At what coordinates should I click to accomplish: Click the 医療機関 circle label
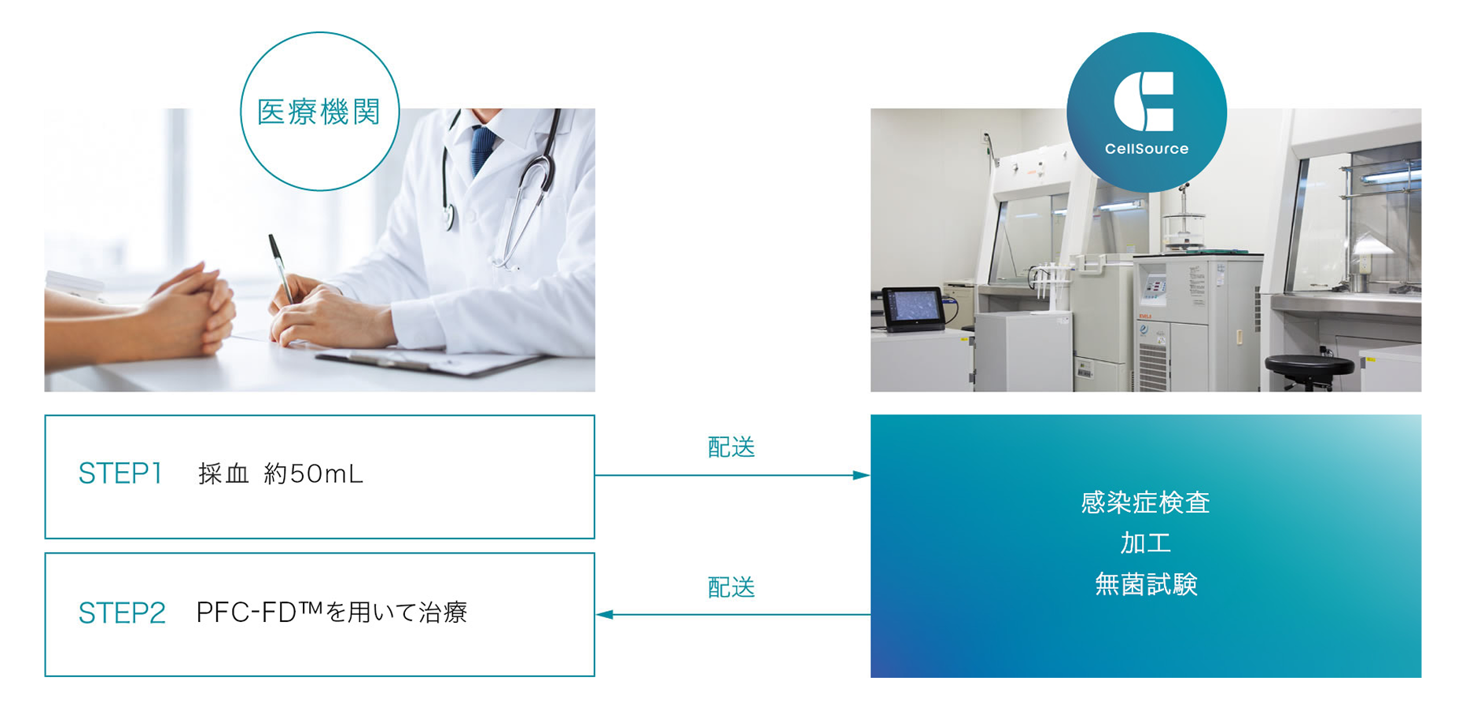point(319,112)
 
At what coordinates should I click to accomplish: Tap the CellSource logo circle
point(1147,112)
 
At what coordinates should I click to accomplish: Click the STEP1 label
point(120,473)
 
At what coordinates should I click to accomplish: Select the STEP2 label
point(122,613)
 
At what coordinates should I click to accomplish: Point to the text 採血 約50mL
point(281,473)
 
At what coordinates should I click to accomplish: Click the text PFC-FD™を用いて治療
point(332,613)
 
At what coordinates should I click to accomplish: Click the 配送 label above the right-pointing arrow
point(731,447)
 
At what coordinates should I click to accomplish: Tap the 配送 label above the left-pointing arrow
point(731,587)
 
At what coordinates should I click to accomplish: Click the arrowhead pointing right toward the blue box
point(862,475)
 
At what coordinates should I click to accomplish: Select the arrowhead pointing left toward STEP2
point(604,614)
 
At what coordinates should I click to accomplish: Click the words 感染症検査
point(1145,502)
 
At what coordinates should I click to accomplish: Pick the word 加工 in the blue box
point(1146,543)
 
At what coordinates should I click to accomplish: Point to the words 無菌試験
point(1146,584)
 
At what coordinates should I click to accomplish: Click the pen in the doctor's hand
point(281,270)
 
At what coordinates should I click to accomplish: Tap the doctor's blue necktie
point(482,149)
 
